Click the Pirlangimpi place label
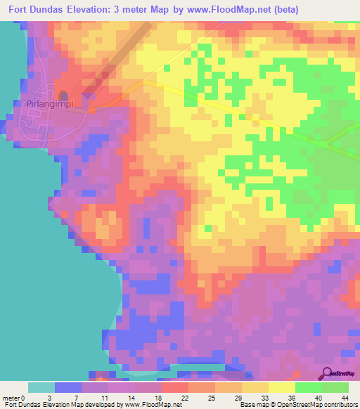(x=50, y=104)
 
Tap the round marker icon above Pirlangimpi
(x=63, y=95)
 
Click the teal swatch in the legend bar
(x=41, y=387)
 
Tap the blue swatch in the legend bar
(x=67, y=387)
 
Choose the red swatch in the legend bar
(x=175, y=387)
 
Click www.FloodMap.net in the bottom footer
(x=152, y=405)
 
